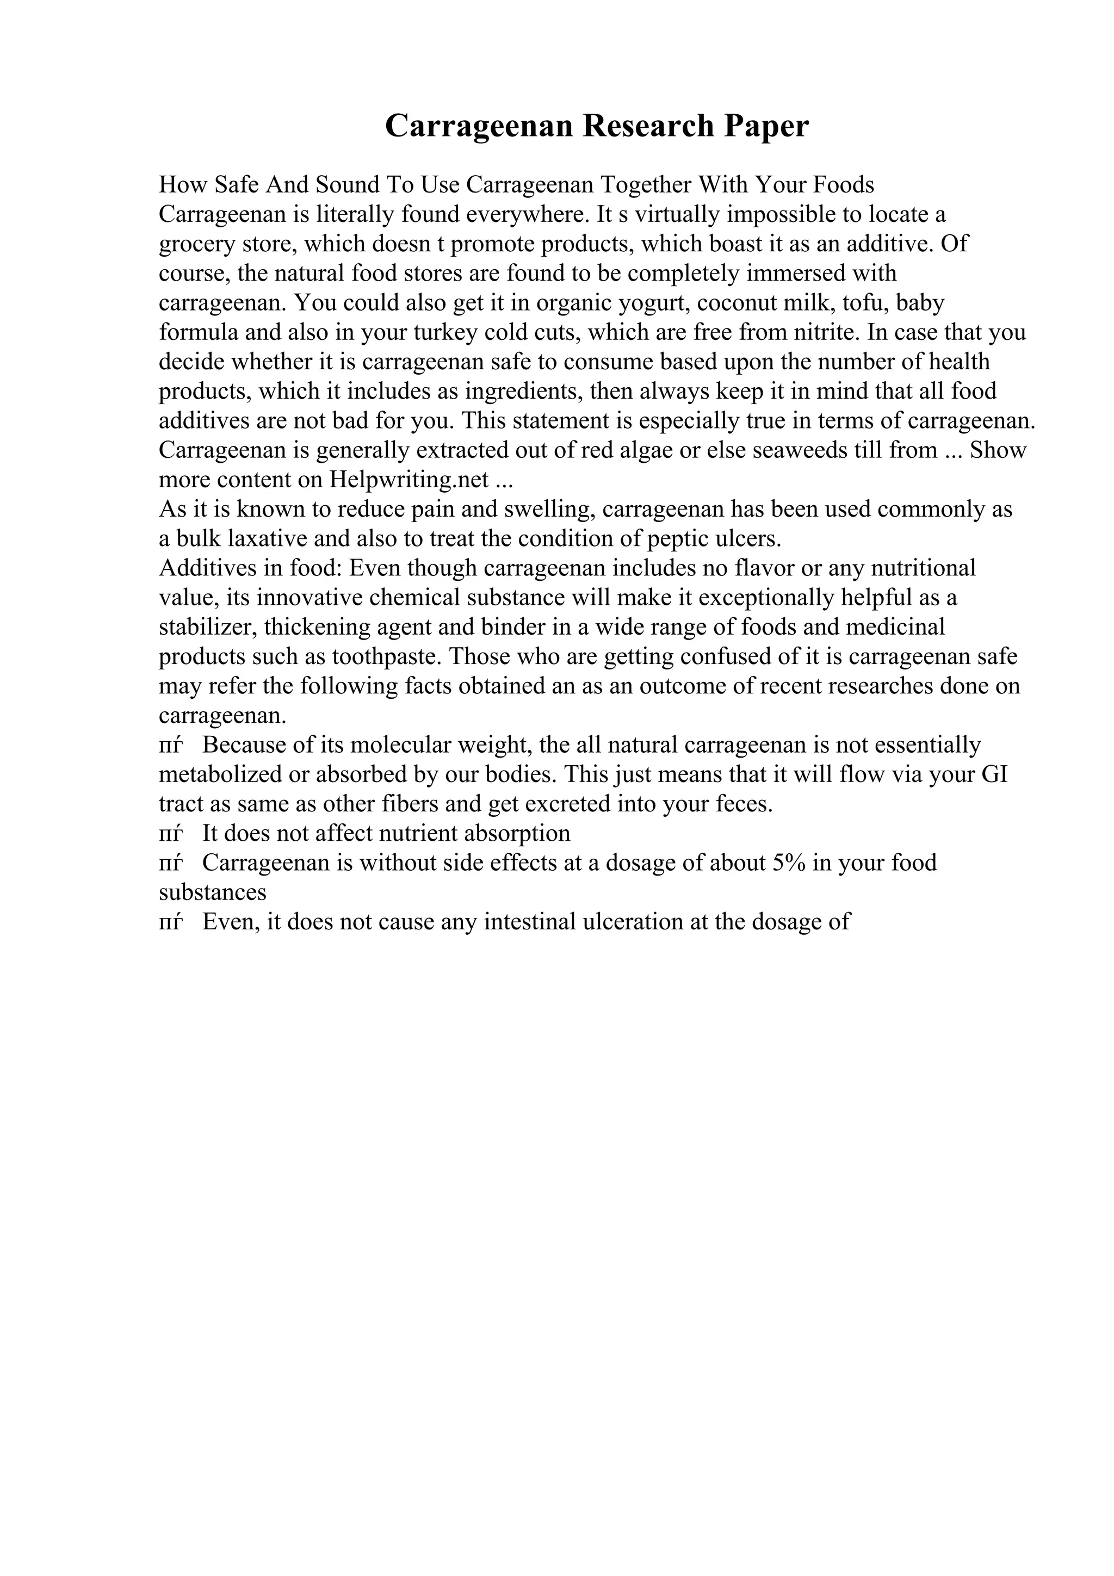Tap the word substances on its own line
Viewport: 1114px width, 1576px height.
212,892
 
